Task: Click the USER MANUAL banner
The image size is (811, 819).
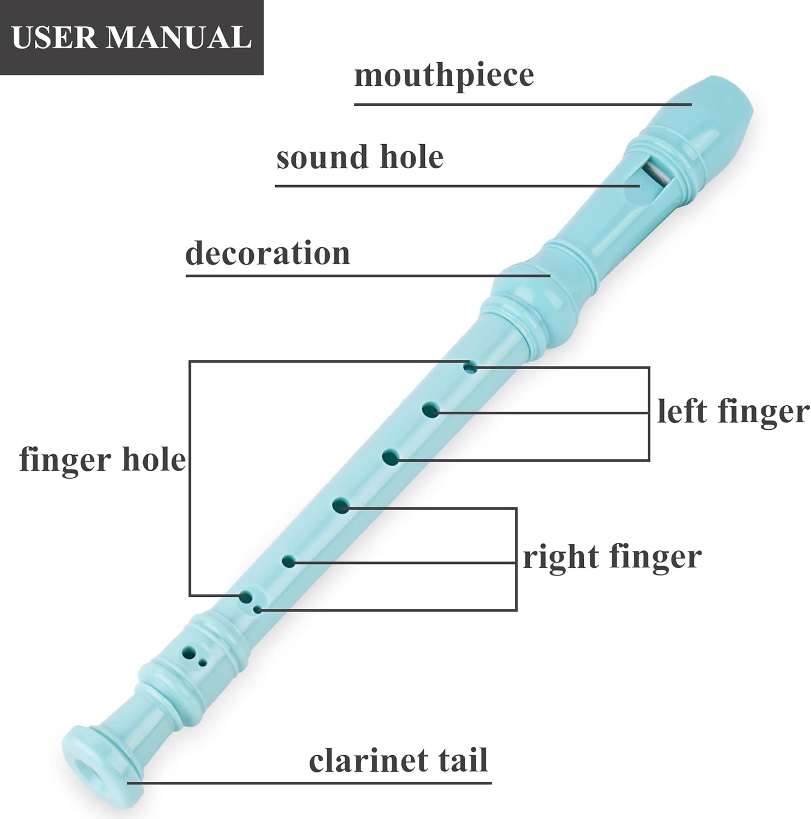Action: point(132,38)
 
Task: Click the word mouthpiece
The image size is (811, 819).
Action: point(444,75)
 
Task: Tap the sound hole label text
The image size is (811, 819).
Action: point(360,157)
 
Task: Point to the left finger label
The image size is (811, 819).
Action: point(733,411)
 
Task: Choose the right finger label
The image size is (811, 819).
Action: point(612,557)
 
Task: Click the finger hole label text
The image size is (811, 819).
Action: point(103,459)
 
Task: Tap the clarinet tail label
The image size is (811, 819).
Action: point(398,760)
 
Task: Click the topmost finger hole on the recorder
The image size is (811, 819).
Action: point(470,367)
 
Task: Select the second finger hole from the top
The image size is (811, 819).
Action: point(430,410)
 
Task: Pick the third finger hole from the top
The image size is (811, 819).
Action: point(390,457)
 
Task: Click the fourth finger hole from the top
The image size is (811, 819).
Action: point(341,506)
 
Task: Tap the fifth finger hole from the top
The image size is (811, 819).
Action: point(288,561)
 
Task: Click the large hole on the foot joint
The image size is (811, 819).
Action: point(189,652)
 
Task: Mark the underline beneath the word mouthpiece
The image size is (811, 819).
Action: point(523,104)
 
